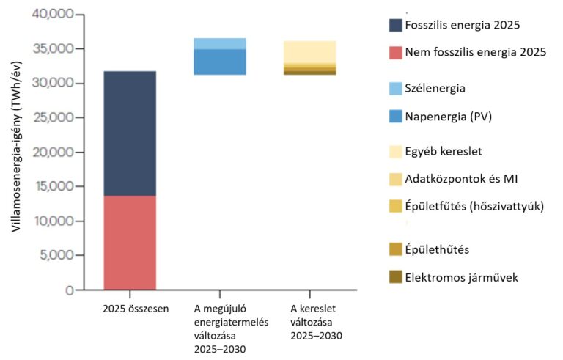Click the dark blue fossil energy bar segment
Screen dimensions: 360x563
click(129, 133)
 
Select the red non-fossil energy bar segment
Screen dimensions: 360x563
click(129, 242)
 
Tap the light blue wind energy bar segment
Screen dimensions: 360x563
click(219, 43)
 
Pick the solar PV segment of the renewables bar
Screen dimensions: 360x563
click(219, 62)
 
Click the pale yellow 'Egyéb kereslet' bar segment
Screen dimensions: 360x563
click(309, 51)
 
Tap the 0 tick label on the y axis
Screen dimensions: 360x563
click(70, 290)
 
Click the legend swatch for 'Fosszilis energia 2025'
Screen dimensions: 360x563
click(396, 25)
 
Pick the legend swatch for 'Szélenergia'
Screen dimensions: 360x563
click(396, 88)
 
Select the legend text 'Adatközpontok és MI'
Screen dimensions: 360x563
click(464, 178)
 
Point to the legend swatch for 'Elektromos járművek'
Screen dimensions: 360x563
click(396, 277)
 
